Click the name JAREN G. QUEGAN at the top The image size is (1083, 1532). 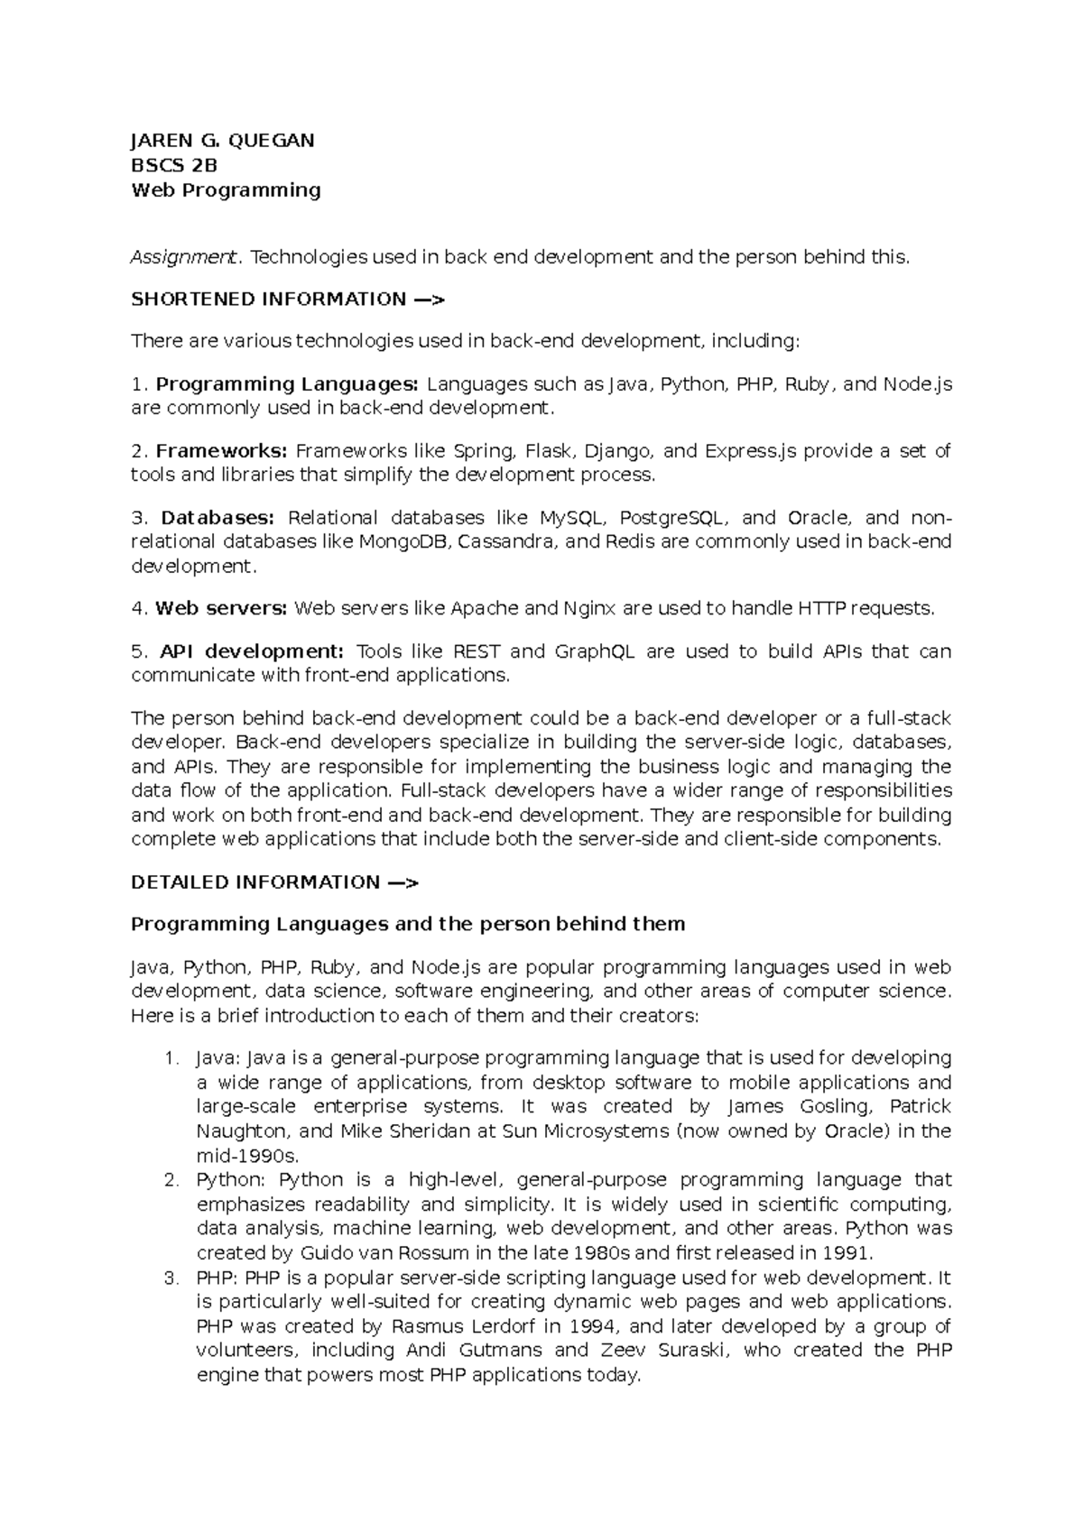click(222, 141)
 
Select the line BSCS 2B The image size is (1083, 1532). click(174, 165)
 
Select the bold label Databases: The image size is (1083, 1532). click(217, 518)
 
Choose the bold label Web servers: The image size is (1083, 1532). click(221, 609)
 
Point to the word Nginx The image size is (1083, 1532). click(589, 609)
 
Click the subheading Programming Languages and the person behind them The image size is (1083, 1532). click(408, 925)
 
